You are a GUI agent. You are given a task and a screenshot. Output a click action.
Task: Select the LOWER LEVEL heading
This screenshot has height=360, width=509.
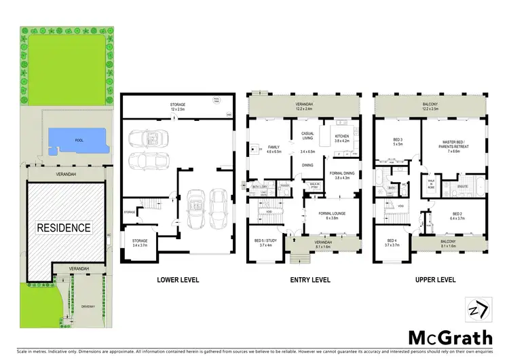point(177,279)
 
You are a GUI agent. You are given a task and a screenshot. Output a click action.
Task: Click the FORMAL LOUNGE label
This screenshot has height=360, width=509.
point(333,215)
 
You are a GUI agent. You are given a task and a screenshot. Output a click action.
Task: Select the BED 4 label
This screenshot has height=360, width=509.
point(392,241)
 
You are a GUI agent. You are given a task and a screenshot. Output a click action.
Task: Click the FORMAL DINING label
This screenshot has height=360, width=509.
point(343,175)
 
